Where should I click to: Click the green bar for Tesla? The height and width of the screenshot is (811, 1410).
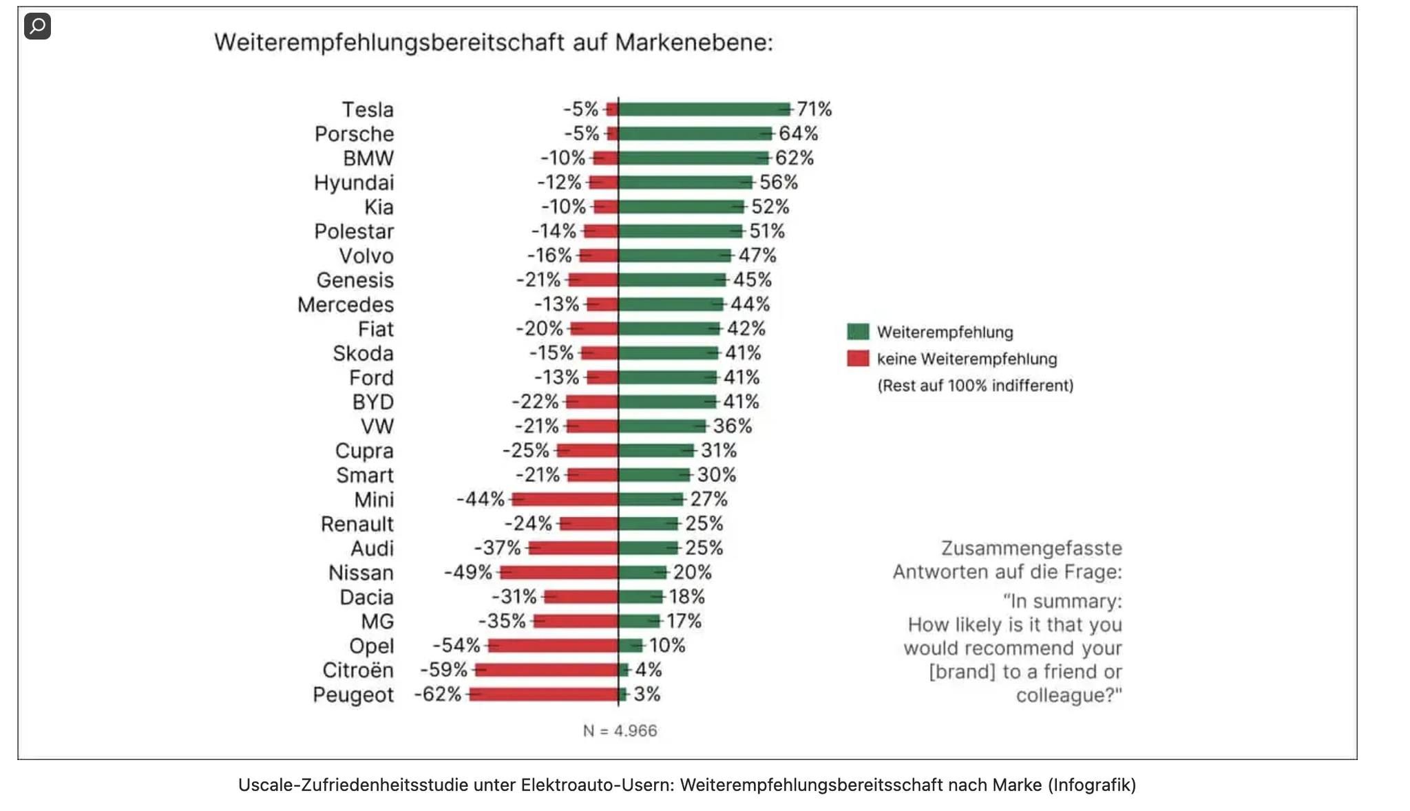point(704,109)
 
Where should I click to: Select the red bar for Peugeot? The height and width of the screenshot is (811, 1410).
point(544,694)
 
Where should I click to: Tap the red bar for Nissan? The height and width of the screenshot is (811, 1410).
point(559,572)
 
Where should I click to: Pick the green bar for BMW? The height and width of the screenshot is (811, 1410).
point(693,158)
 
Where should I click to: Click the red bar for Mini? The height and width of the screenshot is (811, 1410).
point(565,499)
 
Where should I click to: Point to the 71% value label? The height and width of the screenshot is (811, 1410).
point(814,109)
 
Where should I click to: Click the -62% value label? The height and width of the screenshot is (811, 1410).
point(438,694)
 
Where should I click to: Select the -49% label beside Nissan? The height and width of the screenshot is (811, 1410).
point(468,572)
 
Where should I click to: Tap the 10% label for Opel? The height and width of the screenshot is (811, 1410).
point(667,646)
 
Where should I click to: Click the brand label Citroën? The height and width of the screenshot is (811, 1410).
point(358,670)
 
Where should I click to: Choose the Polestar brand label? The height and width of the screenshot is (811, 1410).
point(354,231)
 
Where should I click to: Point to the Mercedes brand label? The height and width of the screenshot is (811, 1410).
point(346,304)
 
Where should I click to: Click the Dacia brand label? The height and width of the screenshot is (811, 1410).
point(366,597)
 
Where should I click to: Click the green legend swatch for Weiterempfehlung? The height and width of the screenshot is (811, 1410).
point(858,332)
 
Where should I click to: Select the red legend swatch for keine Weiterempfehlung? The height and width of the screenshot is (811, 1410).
point(858,359)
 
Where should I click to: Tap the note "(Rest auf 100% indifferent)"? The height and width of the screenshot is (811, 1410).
point(975,386)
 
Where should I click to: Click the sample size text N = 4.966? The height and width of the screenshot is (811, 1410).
point(620,730)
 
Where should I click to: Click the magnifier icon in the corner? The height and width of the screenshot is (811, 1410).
point(38,26)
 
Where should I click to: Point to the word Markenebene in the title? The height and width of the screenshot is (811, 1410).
point(693,43)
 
